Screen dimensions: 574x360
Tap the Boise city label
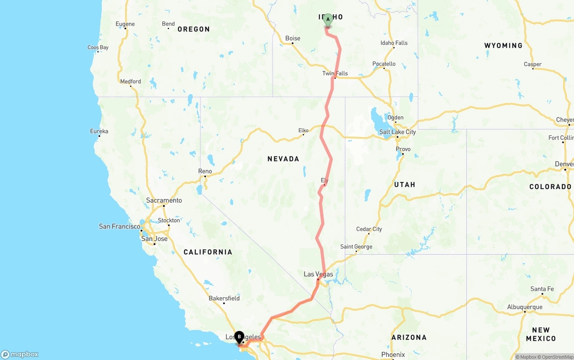coord(293,39)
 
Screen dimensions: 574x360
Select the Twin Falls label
coord(335,74)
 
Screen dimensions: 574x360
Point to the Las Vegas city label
coord(318,274)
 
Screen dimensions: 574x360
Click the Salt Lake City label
coord(397,132)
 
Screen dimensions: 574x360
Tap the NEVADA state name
coord(283,159)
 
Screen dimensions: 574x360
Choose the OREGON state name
coord(193,29)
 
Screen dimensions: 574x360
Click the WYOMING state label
coord(503,46)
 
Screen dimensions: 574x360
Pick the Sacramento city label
coord(164,200)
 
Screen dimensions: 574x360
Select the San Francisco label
coord(119,226)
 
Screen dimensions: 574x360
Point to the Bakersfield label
coord(224,298)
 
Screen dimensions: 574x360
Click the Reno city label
coord(205,171)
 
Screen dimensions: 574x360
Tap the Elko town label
coord(303,130)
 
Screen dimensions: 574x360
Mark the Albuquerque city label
coord(525,307)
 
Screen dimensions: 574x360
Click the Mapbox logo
coord(20,355)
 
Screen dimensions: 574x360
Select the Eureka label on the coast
coord(99,131)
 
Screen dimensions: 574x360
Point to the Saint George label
coord(356,247)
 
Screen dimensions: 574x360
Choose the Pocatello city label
coord(384,64)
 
